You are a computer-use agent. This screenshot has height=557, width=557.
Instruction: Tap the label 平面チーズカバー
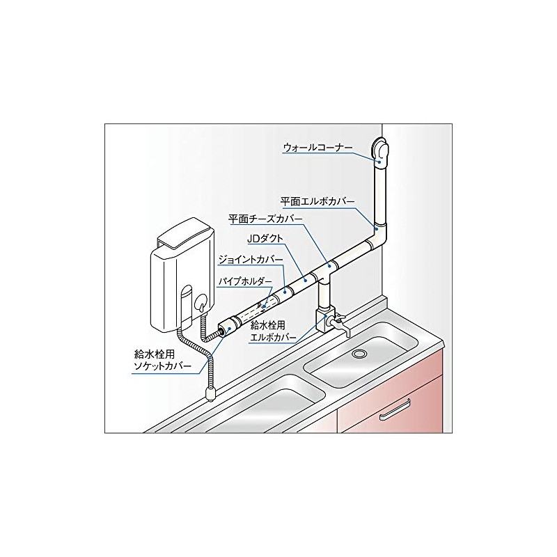[265, 219]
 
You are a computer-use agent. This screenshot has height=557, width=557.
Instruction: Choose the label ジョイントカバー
[251, 258]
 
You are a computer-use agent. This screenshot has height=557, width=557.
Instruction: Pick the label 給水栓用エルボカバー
[272, 331]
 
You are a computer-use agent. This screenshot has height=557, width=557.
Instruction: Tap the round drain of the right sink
[360, 354]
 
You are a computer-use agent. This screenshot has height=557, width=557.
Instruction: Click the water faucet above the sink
[337, 324]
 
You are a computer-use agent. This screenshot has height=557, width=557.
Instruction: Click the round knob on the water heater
[201, 304]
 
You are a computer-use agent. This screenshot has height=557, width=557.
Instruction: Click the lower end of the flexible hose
[210, 396]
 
